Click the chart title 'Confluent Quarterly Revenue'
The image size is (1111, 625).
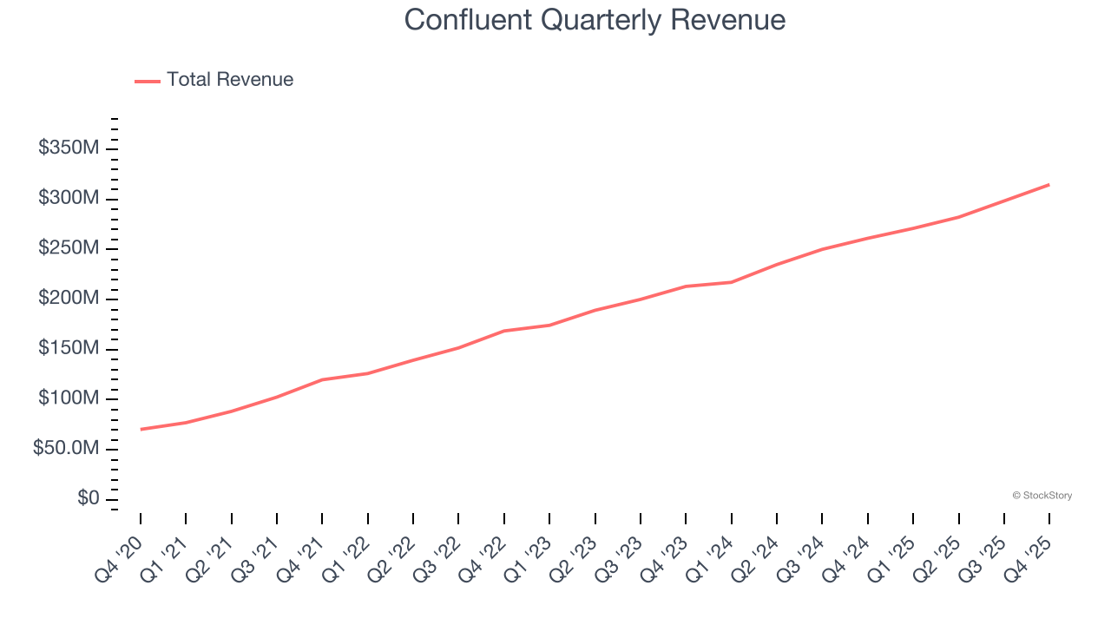point(595,20)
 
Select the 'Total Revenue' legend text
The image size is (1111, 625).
point(230,80)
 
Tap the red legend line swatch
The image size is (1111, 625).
point(148,81)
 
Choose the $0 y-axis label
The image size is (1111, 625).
point(89,499)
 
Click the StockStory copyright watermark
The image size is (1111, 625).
point(1042,496)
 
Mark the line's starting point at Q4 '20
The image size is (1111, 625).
point(141,429)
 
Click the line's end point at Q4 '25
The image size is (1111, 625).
point(1049,184)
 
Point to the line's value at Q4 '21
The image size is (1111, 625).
point(322,379)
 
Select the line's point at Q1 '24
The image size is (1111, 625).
point(731,282)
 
